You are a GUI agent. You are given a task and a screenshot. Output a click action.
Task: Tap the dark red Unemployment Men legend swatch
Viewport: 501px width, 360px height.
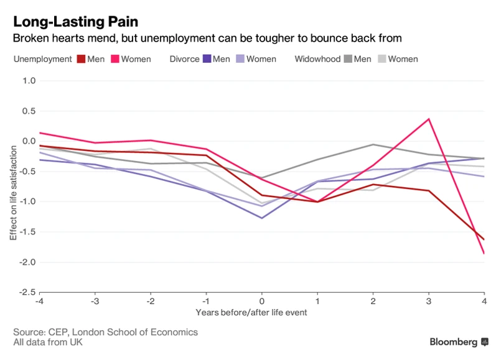tap(81, 59)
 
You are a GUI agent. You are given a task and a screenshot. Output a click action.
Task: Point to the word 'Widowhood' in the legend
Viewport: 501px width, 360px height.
tap(317, 59)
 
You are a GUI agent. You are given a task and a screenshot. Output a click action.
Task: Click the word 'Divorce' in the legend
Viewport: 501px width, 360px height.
tap(184, 59)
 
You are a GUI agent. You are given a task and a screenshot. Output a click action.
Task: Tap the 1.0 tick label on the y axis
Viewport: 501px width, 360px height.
tap(29, 81)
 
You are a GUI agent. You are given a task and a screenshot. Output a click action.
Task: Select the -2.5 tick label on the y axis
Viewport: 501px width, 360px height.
tap(26, 292)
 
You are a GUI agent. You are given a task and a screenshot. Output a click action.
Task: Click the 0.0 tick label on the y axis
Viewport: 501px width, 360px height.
tap(29, 141)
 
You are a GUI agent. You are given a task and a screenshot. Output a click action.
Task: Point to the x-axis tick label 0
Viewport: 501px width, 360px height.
tap(262, 302)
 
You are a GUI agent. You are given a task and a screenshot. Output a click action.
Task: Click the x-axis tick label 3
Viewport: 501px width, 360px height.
tap(429, 302)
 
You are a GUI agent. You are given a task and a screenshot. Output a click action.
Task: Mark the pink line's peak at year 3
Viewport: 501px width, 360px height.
tap(429, 119)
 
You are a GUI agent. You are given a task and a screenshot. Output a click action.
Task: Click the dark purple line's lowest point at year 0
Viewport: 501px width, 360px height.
tap(262, 218)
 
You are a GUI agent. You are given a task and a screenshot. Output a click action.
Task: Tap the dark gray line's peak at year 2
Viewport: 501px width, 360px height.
tap(373, 144)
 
